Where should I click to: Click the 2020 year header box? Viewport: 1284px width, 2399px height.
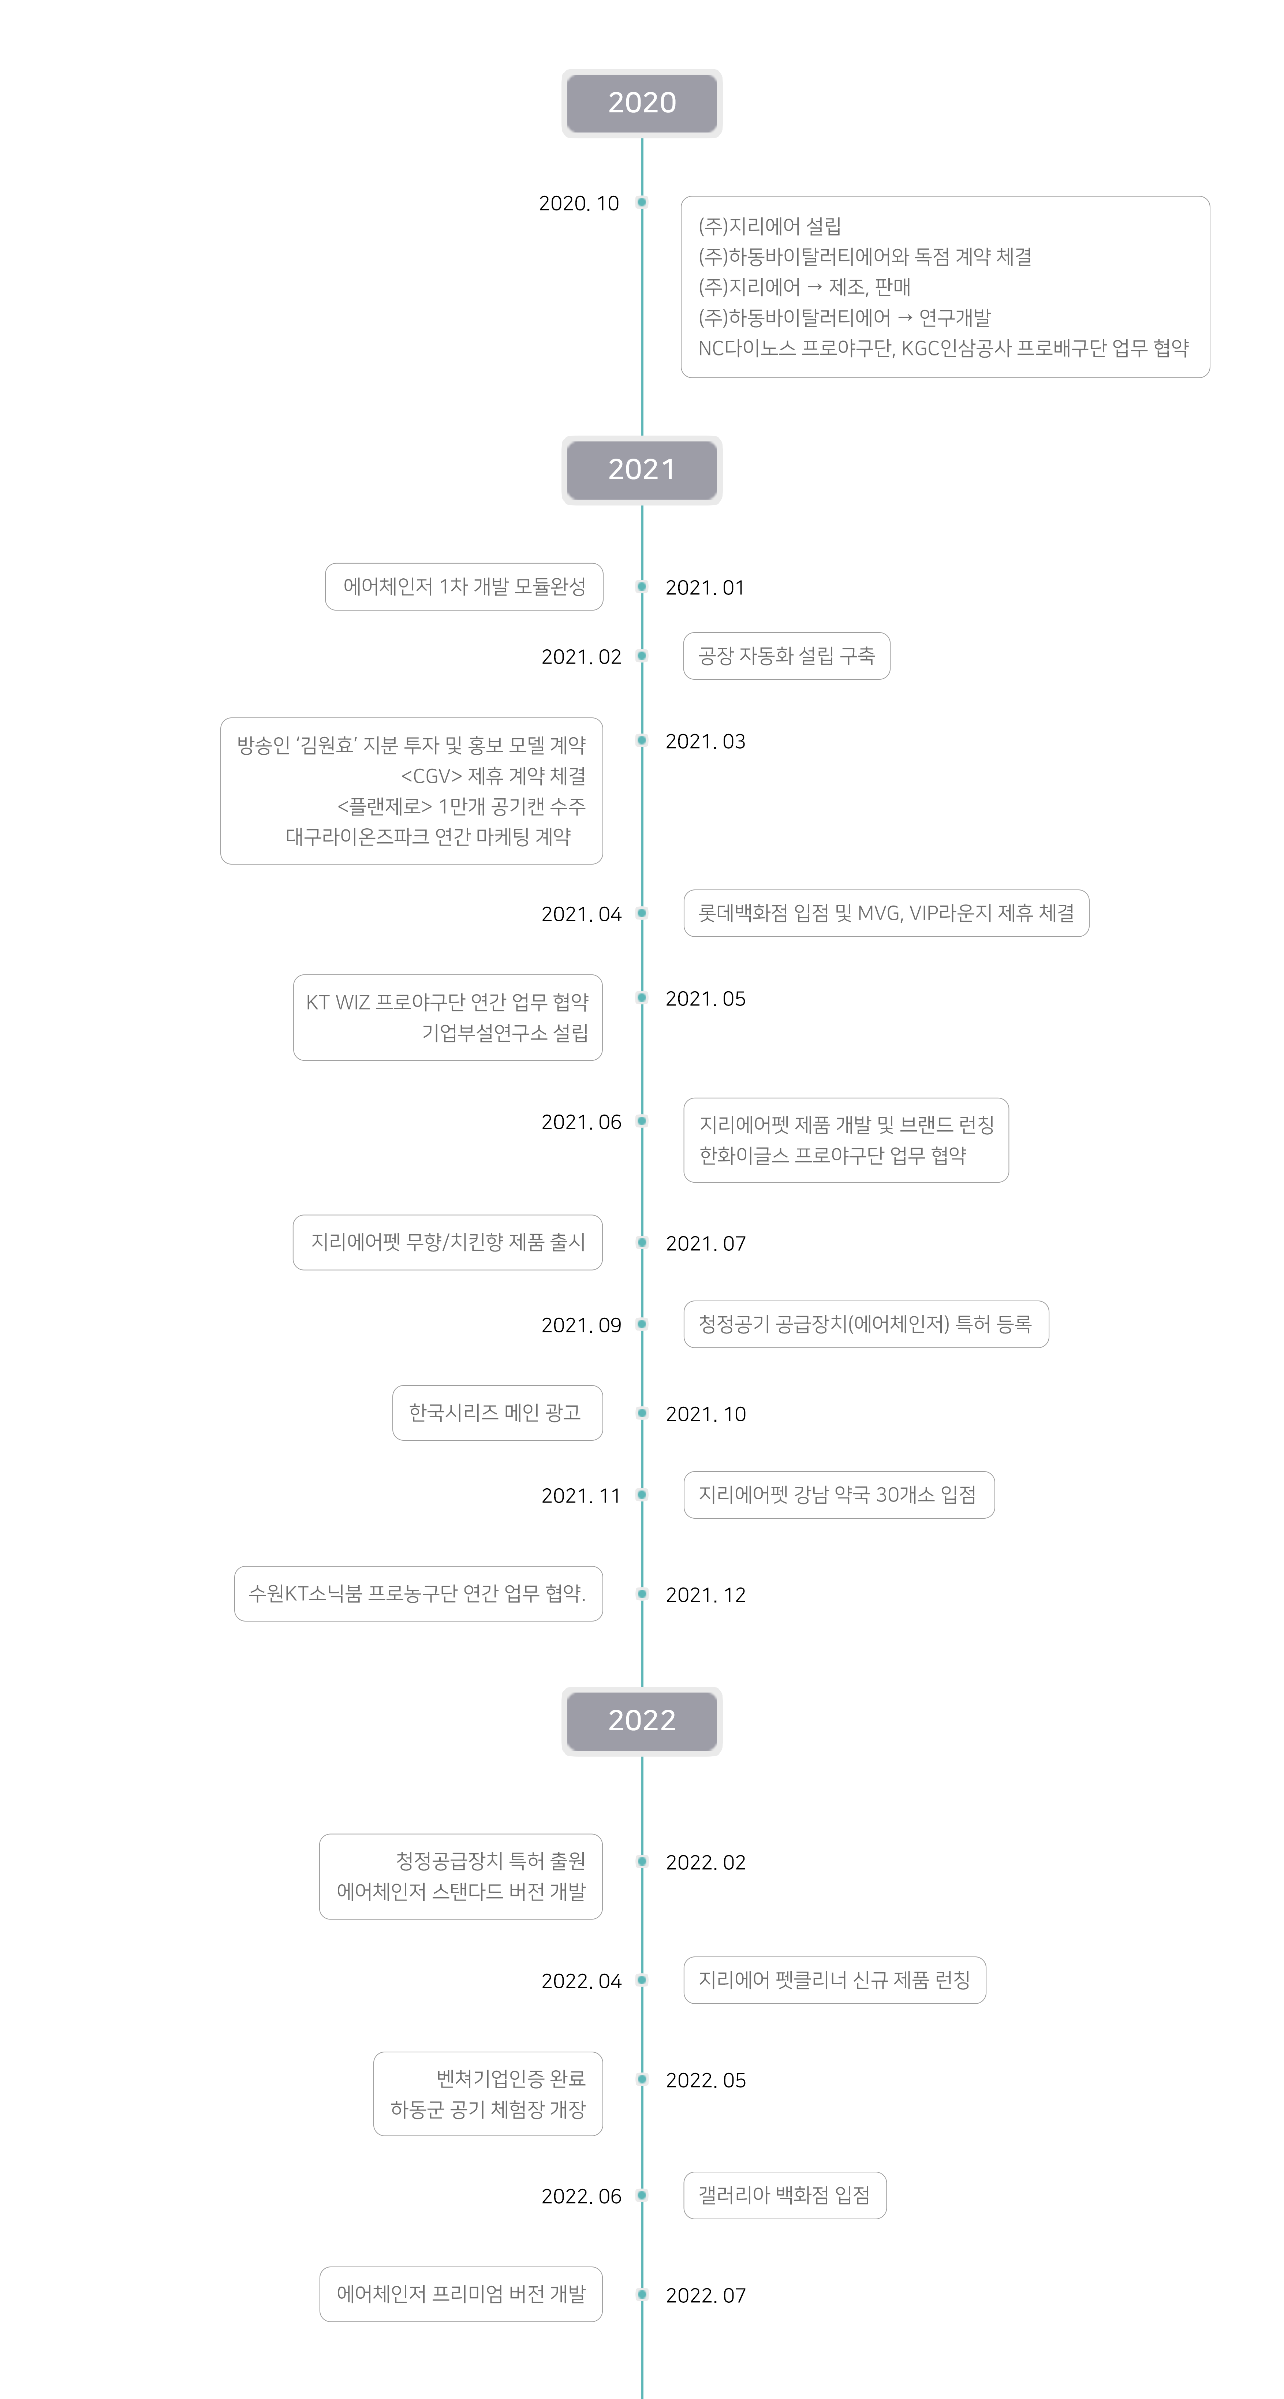coord(642,102)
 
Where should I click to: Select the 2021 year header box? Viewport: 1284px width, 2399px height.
coord(642,469)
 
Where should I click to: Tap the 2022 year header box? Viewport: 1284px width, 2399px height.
coord(642,1720)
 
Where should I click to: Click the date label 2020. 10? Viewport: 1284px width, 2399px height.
coord(578,203)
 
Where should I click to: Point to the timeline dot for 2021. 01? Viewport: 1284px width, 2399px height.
coord(642,587)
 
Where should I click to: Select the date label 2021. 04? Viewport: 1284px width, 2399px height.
coord(581,914)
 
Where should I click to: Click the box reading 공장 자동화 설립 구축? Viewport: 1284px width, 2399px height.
coord(787,656)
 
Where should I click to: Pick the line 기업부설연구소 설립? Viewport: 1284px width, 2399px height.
coord(505,1033)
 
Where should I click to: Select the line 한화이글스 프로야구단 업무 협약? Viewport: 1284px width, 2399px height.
coord(832,1156)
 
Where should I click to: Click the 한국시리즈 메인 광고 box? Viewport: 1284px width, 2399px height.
coord(497,1413)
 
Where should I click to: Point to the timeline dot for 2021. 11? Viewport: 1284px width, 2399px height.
coord(642,1495)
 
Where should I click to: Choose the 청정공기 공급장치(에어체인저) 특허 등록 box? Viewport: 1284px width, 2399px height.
coord(866,1324)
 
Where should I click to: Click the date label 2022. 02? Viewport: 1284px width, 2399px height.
coord(706,1863)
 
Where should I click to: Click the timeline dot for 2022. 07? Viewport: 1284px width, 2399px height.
coord(642,2295)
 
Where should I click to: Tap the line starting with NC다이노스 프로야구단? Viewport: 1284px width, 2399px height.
coord(943,348)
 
